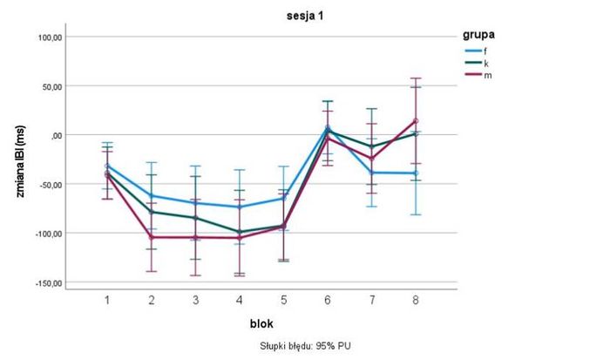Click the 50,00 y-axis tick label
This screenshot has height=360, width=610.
point(52,86)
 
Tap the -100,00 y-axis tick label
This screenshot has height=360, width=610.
point(49,234)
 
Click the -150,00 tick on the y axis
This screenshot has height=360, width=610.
point(49,283)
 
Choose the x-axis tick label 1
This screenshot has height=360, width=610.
point(107,300)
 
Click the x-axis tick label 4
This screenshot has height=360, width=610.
point(240,300)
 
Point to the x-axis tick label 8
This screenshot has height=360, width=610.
point(416,300)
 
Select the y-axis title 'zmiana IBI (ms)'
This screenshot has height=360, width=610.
point(18,160)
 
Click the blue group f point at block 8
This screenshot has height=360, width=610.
point(416,173)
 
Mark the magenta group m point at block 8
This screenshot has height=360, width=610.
point(416,121)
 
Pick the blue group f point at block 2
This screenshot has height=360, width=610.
point(152,196)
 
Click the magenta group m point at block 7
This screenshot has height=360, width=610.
point(372,159)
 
